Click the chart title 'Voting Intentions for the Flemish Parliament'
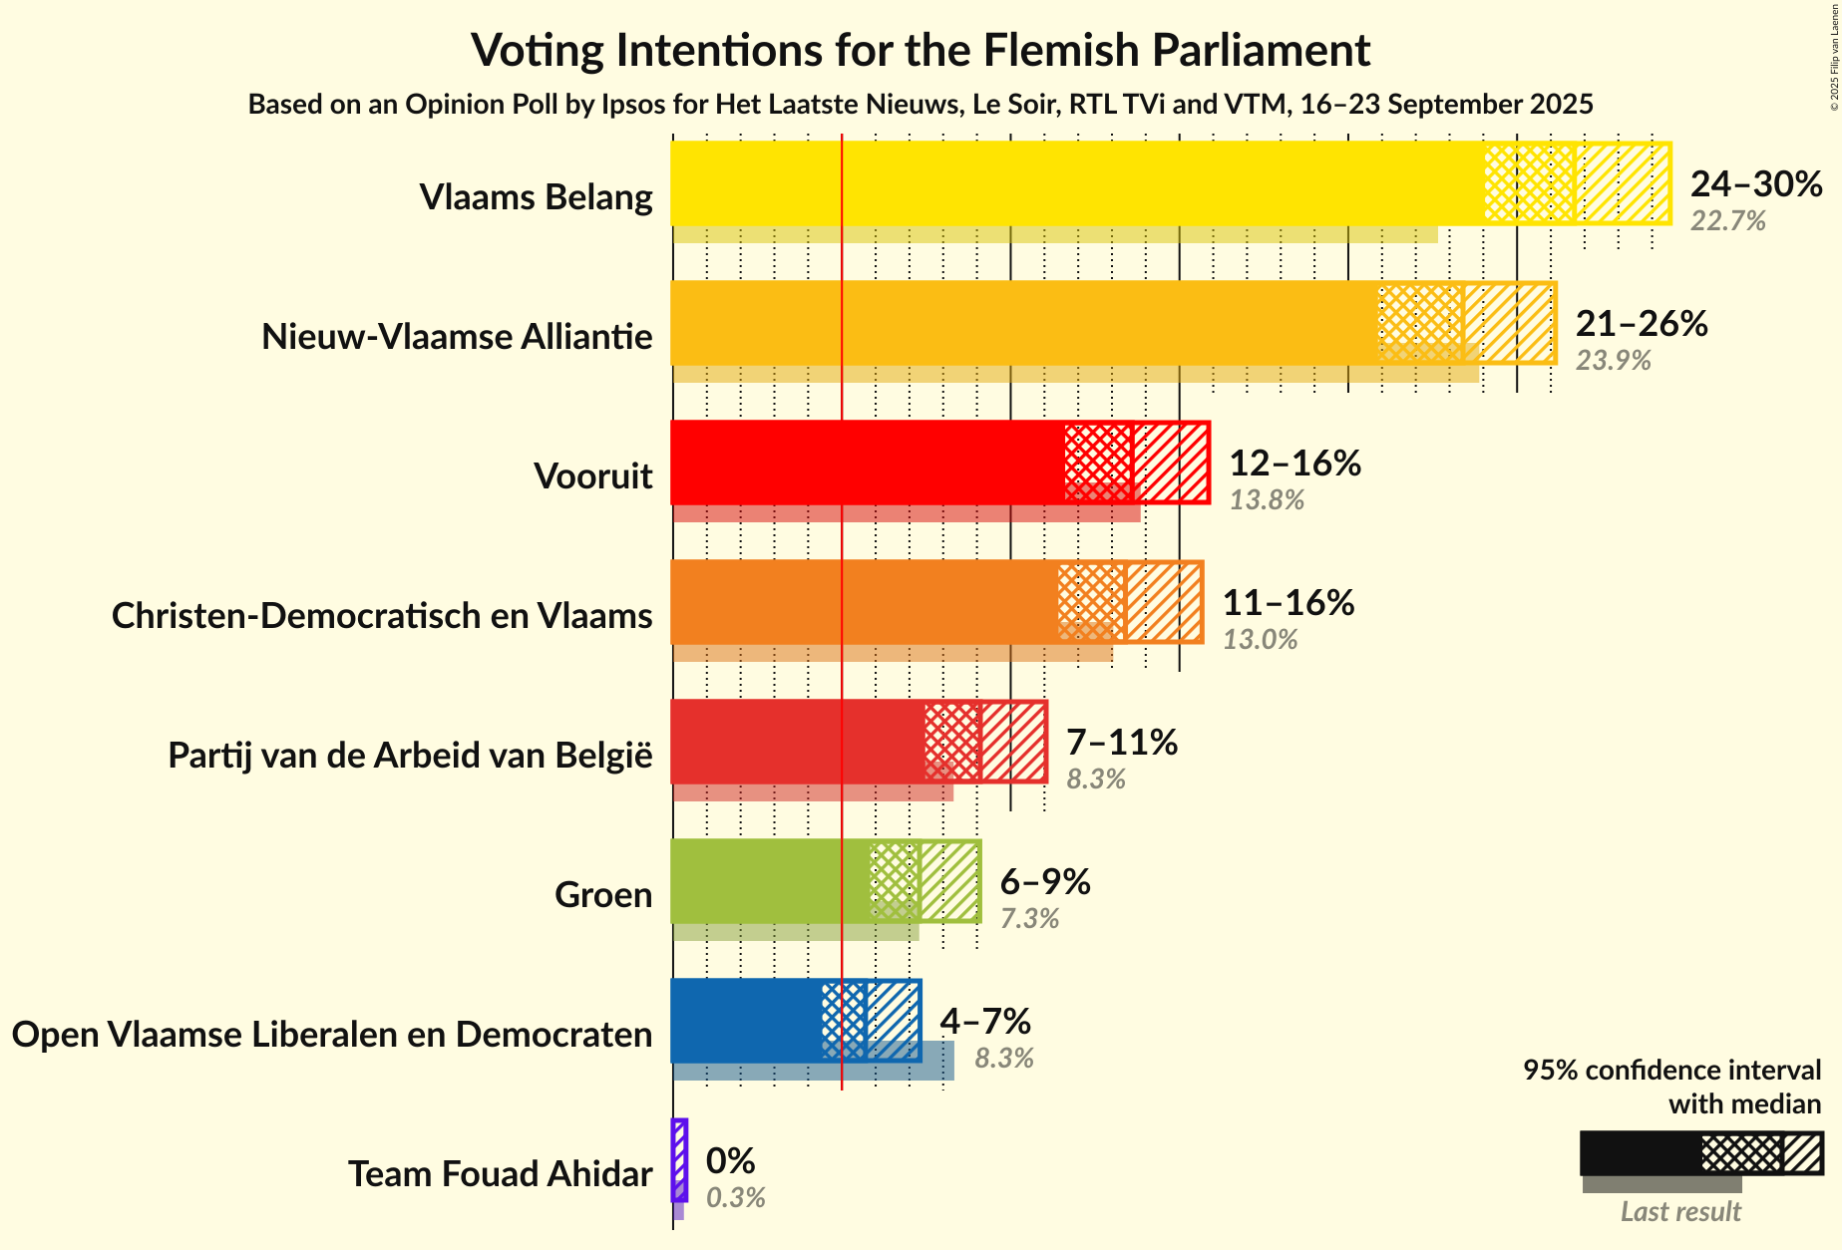(921, 50)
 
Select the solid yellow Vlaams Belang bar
(1077, 183)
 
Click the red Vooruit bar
(868, 463)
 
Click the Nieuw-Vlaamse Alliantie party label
(457, 337)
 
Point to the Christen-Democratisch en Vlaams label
(382, 616)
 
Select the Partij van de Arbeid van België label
(410, 756)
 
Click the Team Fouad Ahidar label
(500, 1174)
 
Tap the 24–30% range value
(1756, 183)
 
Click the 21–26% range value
(1642, 323)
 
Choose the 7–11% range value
(1122, 742)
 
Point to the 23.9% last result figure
(1613, 361)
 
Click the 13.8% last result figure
(1267, 500)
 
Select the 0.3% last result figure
(736, 1198)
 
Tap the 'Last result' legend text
(1680, 1212)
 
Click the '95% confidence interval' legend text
(1671, 1071)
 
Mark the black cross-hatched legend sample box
(1741, 1154)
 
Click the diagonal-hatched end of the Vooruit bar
(1171, 463)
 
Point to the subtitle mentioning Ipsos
(921, 105)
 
